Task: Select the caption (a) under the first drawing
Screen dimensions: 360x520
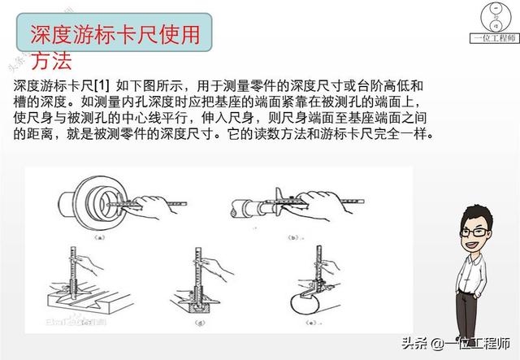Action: pyautogui.click(x=99, y=238)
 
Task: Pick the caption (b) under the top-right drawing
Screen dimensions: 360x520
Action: pyautogui.click(x=294, y=238)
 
